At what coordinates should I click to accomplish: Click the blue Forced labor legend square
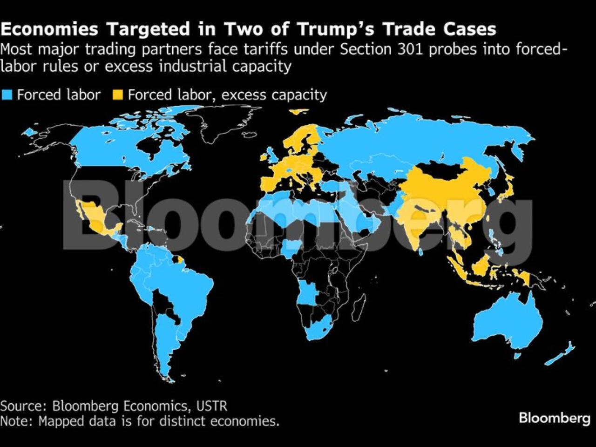pyautogui.click(x=7, y=95)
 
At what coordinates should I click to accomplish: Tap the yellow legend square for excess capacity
pyautogui.click(x=118, y=95)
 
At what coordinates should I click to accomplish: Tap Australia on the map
pyautogui.click(x=508, y=322)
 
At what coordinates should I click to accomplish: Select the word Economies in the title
pyautogui.click(x=49, y=29)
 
